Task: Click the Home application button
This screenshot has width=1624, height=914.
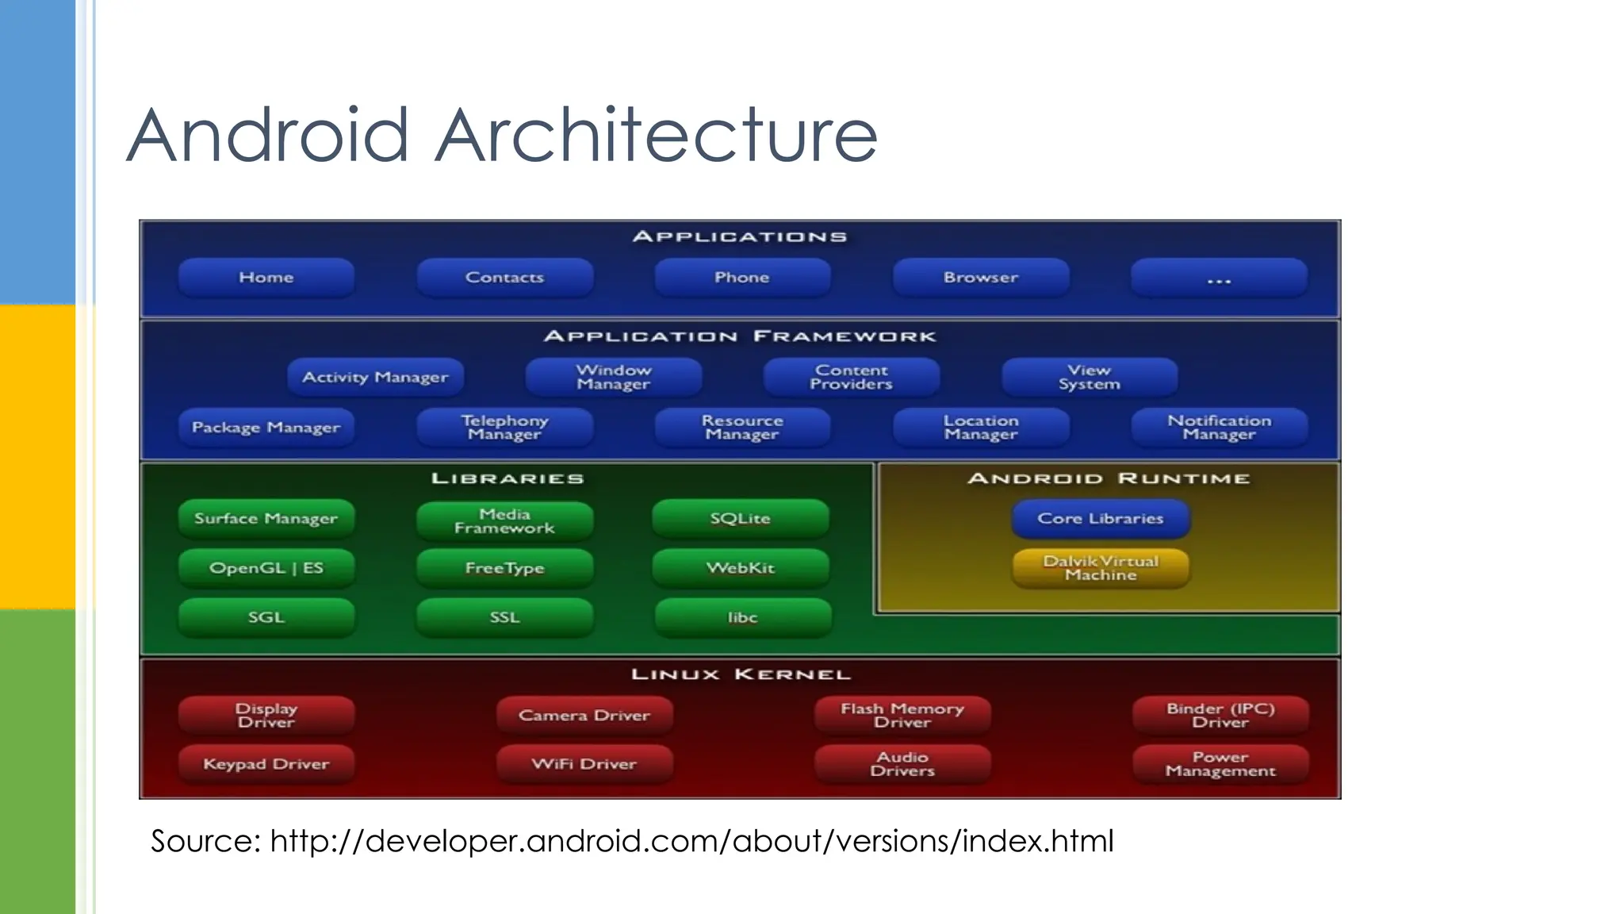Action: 266,278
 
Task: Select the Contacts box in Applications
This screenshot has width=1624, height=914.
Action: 504,278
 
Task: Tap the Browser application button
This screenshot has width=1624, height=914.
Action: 981,278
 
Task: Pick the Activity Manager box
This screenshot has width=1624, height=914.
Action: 375,377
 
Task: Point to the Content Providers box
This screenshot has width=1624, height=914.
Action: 851,377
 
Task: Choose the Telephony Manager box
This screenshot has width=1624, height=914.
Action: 504,428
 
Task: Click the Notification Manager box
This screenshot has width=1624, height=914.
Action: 1219,428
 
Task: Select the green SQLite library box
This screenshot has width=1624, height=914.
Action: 741,519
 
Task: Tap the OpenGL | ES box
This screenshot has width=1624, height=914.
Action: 266,568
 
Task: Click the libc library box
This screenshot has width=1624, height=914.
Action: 743,618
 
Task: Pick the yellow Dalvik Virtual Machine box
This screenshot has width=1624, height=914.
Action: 1101,568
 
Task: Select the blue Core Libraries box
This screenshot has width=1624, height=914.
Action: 1101,519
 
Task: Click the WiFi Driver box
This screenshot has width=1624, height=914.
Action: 584,764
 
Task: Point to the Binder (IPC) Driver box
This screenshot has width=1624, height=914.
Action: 1220,715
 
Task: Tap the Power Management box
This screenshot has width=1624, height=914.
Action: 1220,764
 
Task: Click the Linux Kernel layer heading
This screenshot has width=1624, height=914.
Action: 741,674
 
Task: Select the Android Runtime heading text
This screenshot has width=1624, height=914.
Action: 1109,478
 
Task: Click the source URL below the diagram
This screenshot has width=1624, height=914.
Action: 691,841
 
